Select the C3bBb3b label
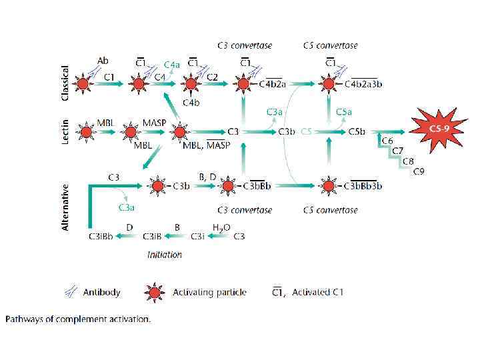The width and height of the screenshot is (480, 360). point(363,186)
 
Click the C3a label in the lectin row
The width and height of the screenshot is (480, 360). point(275,111)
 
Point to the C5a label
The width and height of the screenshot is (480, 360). point(344,111)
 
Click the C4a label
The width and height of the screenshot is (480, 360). point(171,65)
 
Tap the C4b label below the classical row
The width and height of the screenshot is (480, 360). point(191,103)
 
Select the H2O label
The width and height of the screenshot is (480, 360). point(221,227)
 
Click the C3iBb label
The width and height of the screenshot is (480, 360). point(100,236)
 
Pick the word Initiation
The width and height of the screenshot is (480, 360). point(165,254)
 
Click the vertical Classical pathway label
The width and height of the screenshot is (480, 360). point(65,83)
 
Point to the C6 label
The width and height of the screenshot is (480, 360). point(387,141)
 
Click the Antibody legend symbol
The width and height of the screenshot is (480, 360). point(71,291)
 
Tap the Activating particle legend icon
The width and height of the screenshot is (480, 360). point(154,292)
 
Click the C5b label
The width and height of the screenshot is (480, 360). point(357,131)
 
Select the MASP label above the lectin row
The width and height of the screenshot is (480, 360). point(155,123)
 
